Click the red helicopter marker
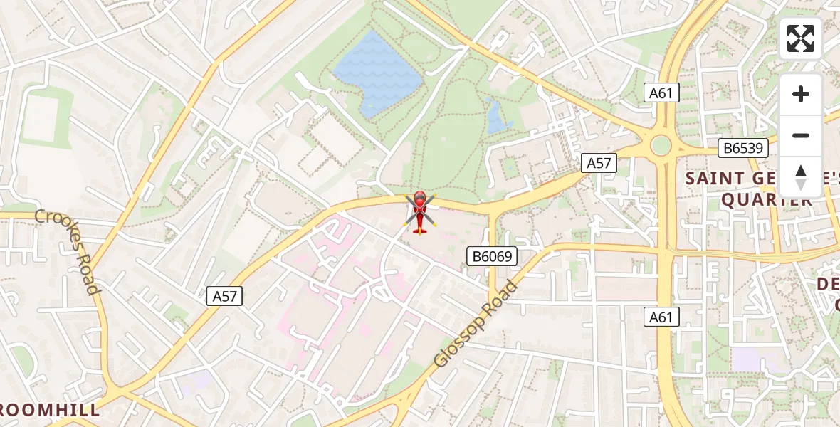click(419, 211)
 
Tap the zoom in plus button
click(801, 94)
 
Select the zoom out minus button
click(801, 135)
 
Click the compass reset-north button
click(801, 176)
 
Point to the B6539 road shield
click(743, 148)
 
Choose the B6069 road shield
click(492, 256)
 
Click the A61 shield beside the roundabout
click(662, 93)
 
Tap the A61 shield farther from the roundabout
click(662, 317)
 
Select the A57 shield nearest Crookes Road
click(225, 296)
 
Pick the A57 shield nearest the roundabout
click(598, 163)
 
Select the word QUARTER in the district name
click(767, 201)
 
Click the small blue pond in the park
click(498, 117)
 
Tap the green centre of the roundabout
click(661, 146)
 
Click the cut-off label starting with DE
click(828, 284)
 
